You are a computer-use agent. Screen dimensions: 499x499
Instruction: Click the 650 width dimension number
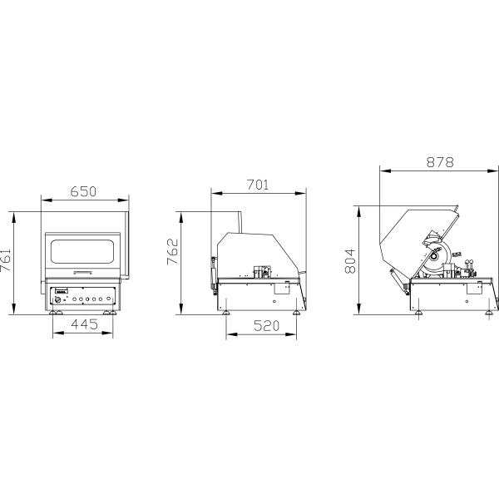[x=83, y=191]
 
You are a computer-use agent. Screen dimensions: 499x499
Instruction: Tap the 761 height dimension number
[x=6, y=260]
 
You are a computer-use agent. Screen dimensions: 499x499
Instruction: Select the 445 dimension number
[x=84, y=324]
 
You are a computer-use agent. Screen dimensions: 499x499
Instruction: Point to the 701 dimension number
[x=258, y=185]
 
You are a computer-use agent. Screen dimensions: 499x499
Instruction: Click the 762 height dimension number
[x=173, y=251]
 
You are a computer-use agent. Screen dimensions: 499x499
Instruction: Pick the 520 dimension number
[x=267, y=325]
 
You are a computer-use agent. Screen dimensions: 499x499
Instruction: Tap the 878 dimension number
[x=440, y=162]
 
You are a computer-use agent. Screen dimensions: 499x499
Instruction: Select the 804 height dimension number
[x=350, y=261]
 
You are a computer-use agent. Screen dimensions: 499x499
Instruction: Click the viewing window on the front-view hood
[x=82, y=251]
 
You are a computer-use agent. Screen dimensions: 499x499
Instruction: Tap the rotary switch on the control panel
[x=58, y=299]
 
